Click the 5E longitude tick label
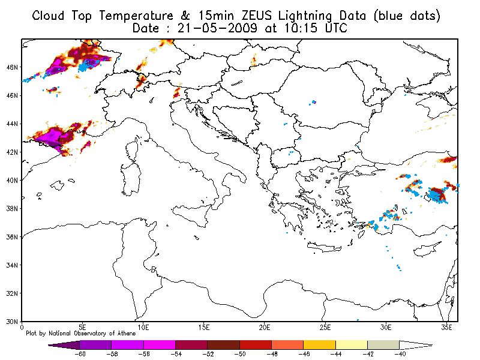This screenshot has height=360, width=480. click(x=83, y=328)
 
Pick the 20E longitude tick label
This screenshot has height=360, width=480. click(x=265, y=328)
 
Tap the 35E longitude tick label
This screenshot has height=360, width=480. click(x=446, y=328)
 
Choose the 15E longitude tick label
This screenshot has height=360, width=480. click(x=204, y=328)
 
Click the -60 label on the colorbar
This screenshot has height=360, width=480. click(x=79, y=355)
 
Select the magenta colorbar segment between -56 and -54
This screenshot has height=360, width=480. click(x=159, y=346)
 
